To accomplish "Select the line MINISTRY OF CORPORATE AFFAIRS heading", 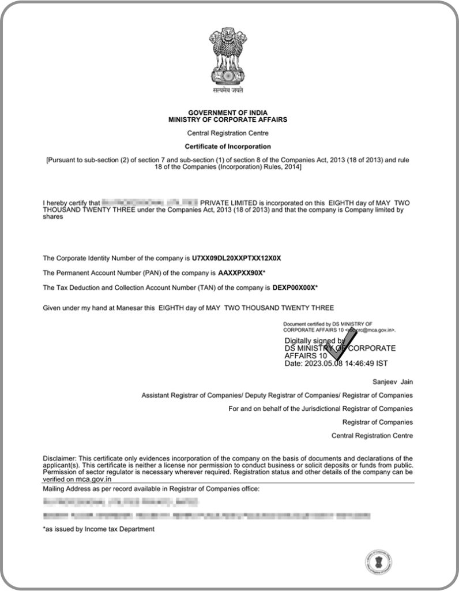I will tap(227, 119).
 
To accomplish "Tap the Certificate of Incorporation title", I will tap(227, 147).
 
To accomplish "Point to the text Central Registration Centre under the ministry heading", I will tap(227, 133).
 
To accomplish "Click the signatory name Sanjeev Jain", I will tap(393, 381).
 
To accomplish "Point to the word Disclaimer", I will tap(59, 458).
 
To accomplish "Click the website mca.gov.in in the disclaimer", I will tap(93, 479).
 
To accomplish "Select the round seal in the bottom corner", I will tap(379, 561).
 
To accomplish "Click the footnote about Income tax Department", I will tap(99, 529).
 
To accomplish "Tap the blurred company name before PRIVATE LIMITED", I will tap(149, 203).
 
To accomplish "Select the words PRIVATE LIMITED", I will tap(229, 203).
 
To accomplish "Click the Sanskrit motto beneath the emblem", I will tap(227, 90).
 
